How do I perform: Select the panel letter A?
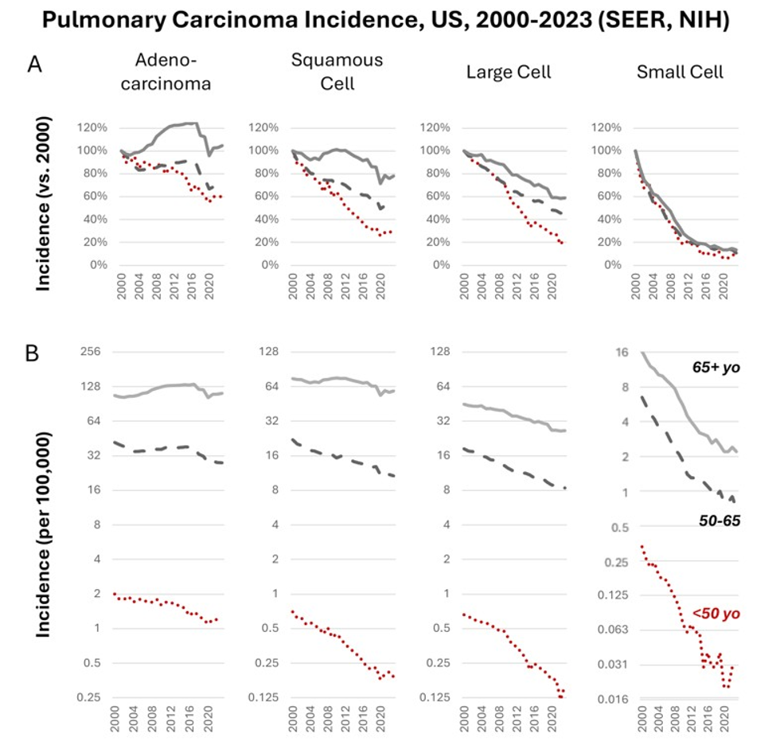35,64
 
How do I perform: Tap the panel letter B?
32,353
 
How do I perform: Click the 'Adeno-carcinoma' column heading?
166,72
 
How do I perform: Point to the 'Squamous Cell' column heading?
337,72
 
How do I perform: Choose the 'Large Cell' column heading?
509,72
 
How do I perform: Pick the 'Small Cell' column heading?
680,72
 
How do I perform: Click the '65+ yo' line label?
716,367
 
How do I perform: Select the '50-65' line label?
719,521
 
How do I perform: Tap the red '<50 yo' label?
716,614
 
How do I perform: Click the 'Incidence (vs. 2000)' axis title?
44,204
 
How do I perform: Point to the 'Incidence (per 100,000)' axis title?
44,535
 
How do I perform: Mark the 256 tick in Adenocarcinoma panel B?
91,352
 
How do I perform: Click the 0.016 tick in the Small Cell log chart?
612,700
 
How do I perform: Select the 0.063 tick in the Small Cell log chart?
612,630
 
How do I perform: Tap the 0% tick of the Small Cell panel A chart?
613,265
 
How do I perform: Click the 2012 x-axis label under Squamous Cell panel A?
346,286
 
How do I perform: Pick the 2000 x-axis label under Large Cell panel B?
464,720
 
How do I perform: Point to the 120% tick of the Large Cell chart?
435,127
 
